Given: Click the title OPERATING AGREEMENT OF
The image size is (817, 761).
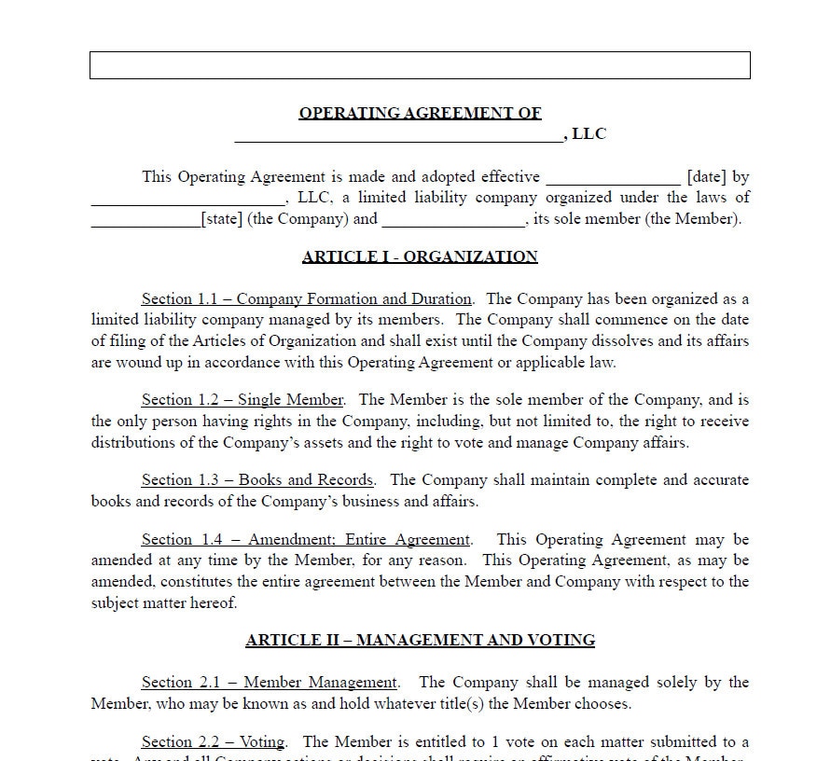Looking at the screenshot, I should coord(420,113).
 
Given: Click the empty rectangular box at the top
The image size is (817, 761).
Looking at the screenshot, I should coord(420,65).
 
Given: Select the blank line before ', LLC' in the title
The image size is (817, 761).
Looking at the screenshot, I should coord(399,138).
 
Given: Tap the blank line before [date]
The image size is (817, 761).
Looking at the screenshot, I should coord(613,181).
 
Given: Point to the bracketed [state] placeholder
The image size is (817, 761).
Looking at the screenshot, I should coord(221,219).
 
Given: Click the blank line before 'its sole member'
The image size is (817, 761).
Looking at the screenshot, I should coord(453,224).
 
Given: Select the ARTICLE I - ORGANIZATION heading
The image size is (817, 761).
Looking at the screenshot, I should coord(420,256).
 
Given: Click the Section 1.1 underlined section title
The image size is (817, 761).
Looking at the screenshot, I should coord(306,299).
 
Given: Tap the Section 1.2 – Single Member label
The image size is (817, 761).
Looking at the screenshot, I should coord(242,400).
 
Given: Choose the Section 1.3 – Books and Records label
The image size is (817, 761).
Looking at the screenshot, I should coord(257,480).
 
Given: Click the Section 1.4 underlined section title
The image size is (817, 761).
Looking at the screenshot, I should coord(306,540).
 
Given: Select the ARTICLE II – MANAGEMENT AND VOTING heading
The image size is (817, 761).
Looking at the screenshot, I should coord(420,640).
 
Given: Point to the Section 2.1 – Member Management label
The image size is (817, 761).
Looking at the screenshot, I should coord(269,683).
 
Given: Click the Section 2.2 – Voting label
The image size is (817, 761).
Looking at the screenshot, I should coord(214,742).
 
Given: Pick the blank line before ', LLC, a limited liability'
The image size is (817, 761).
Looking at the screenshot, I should coord(187,202).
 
